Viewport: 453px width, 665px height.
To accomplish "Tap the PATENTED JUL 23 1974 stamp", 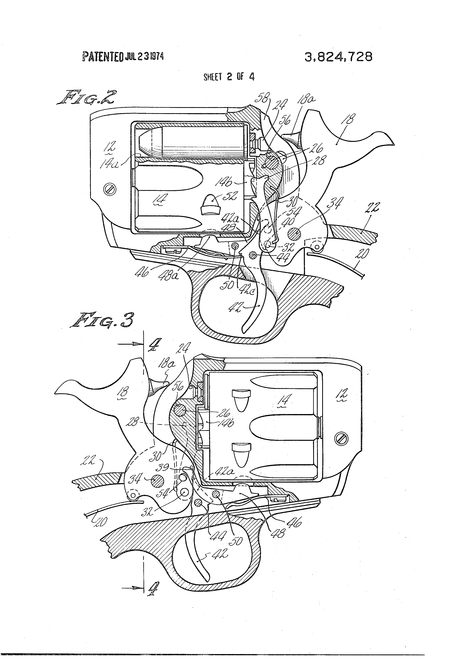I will tap(123, 56).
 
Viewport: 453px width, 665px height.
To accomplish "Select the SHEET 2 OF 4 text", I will tap(229, 77).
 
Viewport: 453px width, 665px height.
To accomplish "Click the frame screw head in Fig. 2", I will tap(111, 189).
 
